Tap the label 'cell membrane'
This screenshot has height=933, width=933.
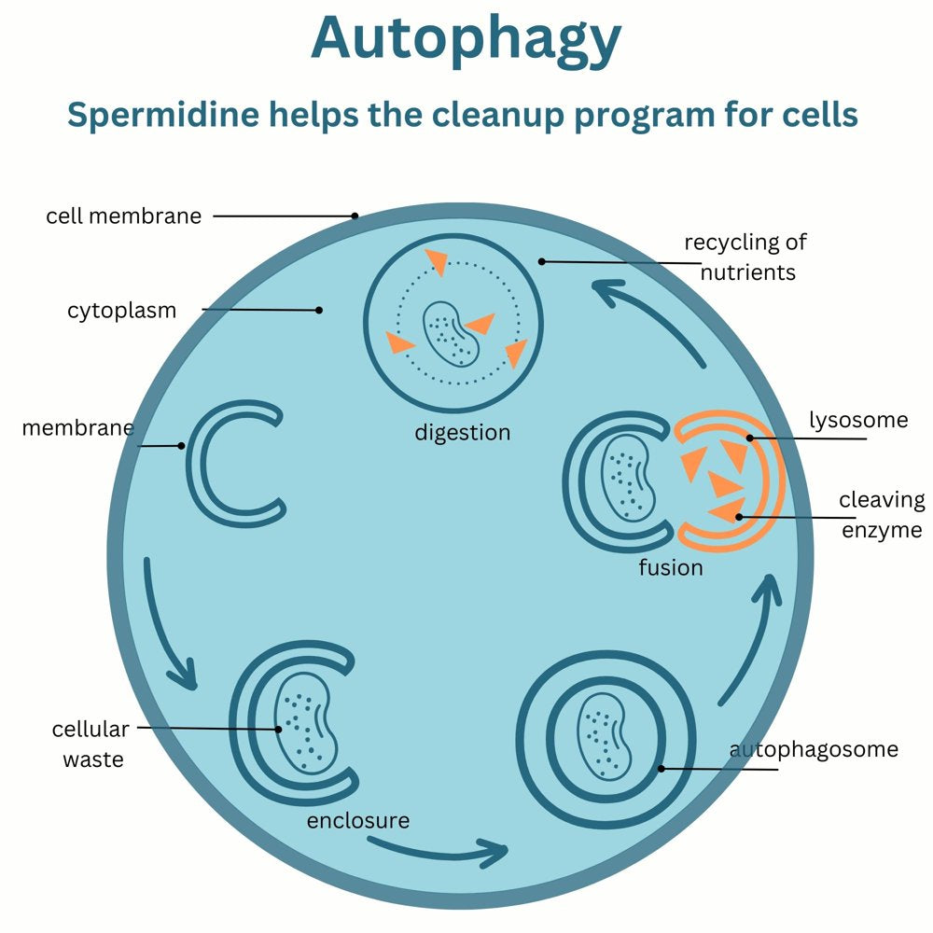124,216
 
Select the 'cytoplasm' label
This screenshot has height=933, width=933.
121,311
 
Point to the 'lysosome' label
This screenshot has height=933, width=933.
857,420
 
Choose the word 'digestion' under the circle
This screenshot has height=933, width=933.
463,433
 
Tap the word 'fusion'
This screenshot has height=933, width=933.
670,567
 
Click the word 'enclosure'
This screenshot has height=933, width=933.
358,821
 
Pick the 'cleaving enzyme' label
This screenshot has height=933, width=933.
881,515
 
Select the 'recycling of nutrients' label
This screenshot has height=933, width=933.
745,258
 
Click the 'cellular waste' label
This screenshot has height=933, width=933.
92,744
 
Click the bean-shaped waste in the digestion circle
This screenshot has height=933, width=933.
451,333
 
